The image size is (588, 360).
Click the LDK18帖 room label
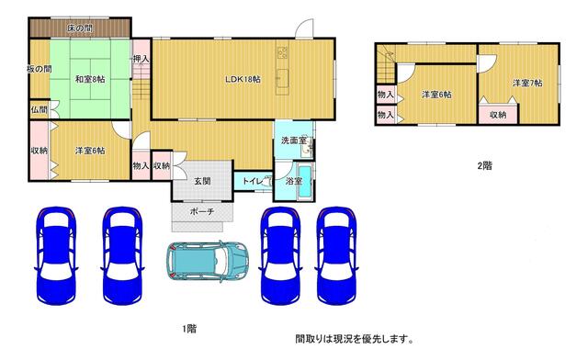pyautogui.click(x=243, y=80)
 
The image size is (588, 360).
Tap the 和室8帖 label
pyautogui.click(x=90, y=80)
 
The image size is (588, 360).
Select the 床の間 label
pyautogui.click(x=80, y=28)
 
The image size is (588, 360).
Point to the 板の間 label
pyautogui.click(x=39, y=69)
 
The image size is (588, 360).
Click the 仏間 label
pyautogui.click(x=39, y=110)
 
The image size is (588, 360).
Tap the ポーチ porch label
pyautogui.click(x=202, y=212)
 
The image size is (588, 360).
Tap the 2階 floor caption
pyautogui.click(x=483, y=166)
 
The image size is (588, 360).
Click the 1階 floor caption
pyautogui.click(x=188, y=328)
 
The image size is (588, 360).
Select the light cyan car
pyautogui.click(x=210, y=262)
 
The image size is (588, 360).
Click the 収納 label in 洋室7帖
pyautogui.click(x=497, y=115)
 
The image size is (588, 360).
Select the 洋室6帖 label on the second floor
pyautogui.click(x=436, y=95)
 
